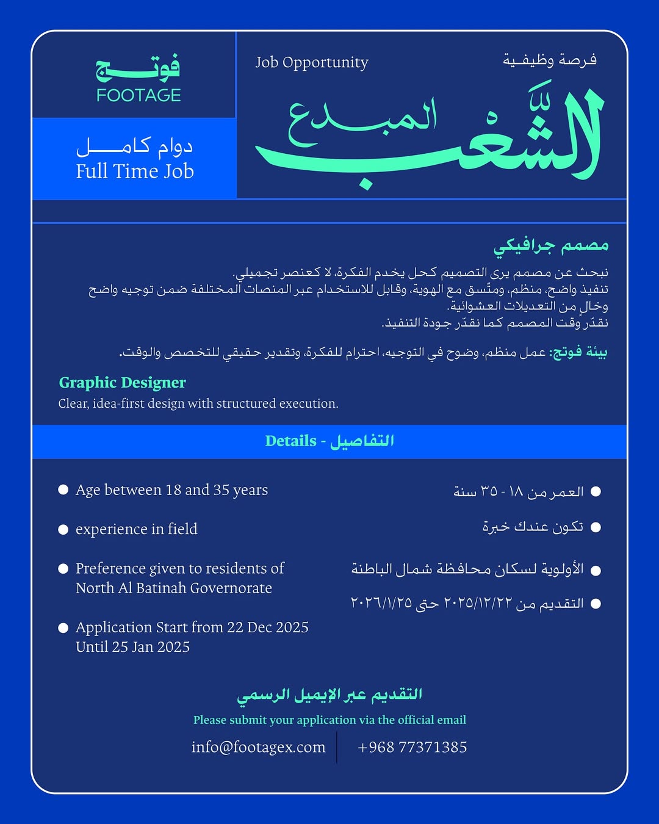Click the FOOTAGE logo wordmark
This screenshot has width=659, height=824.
pos(139,95)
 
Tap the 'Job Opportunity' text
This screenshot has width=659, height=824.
pos(311,63)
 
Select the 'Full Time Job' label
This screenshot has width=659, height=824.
pos(135,172)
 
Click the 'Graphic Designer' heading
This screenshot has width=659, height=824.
pos(122,383)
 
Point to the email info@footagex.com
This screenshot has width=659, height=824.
pos(258,747)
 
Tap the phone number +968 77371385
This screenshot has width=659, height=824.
pos(412,747)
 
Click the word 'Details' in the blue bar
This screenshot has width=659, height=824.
pos(290,441)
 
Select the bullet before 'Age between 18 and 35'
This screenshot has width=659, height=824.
pos(63,490)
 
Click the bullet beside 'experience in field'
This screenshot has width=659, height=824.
pos(63,529)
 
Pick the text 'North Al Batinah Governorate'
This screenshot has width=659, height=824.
pos(174,588)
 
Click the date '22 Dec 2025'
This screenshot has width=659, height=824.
pos(268,627)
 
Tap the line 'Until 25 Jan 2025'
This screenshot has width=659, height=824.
pos(132,647)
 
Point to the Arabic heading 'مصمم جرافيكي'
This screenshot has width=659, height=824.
pos(551,246)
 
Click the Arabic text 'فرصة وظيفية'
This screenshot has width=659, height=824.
pos(549,60)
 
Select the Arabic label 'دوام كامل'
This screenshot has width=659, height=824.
pos(134,146)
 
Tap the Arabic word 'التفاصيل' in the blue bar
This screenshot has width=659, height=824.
pos(362,441)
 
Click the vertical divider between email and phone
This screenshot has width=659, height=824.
pos(337,747)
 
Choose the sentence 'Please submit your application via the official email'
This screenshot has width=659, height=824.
pos(329,720)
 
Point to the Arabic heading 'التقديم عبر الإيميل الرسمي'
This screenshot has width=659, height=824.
pos(329,695)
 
